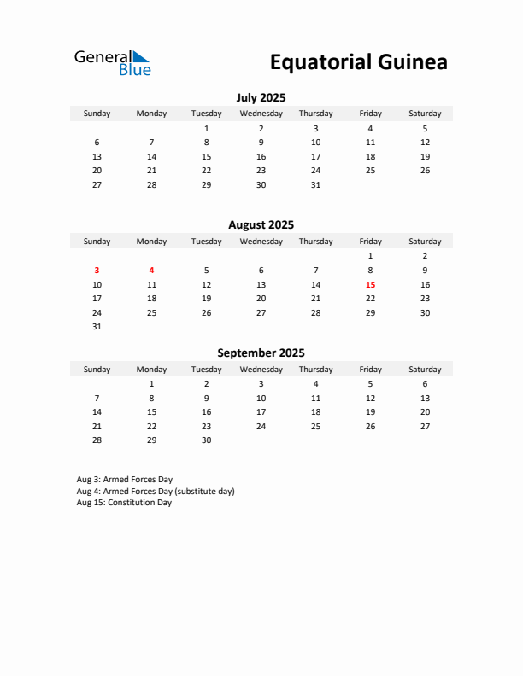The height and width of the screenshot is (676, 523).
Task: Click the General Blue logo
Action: (x=112, y=62)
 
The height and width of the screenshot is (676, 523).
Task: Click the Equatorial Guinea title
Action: (x=358, y=62)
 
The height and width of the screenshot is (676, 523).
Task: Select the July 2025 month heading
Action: (x=261, y=97)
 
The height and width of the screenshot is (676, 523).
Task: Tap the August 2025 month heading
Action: (x=261, y=225)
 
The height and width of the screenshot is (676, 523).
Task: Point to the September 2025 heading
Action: (x=261, y=353)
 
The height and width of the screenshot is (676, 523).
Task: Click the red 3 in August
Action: (x=97, y=270)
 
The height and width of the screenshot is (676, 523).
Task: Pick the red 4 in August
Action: (x=151, y=270)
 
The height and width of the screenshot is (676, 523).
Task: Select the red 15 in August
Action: (x=370, y=284)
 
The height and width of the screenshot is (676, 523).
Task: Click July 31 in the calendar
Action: (x=315, y=184)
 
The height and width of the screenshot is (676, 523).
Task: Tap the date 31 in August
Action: (x=97, y=327)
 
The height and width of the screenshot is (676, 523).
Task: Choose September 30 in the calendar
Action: (x=206, y=440)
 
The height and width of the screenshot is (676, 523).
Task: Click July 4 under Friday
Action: (x=370, y=128)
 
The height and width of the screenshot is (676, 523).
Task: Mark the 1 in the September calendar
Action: (x=151, y=384)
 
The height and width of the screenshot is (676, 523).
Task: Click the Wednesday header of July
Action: (x=261, y=114)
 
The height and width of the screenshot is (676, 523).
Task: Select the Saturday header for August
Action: (x=425, y=242)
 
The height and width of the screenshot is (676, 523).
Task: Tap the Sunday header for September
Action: (x=97, y=370)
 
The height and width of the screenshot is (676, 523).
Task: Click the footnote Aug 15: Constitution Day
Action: (x=124, y=503)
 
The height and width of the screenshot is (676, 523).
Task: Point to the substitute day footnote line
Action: (x=155, y=492)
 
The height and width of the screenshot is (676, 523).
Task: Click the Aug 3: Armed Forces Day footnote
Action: (x=124, y=480)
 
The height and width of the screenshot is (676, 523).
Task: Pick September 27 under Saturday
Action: (x=425, y=426)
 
